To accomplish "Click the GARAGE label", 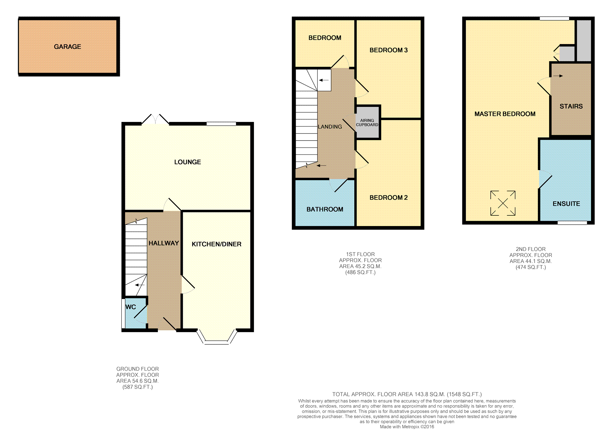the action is click(68, 47).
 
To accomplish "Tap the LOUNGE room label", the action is click(187, 162).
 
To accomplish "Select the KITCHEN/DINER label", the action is click(216, 244).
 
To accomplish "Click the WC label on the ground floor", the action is click(131, 307).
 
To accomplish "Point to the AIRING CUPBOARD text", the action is click(367, 123).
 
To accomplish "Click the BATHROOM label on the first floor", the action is click(325, 210).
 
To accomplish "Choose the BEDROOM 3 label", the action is click(388, 50).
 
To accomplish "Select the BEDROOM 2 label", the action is click(388, 198).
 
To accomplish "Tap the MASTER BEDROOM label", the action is click(505, 114).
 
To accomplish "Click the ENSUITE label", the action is click(566, 204).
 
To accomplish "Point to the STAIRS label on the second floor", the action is click(571, 106).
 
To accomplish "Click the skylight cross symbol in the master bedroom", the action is click(503, 203).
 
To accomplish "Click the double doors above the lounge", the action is click(155, 119).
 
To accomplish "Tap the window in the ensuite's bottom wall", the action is click(572, 223).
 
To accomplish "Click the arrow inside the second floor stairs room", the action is click(558, 76).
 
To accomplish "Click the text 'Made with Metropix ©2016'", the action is click(407, 427).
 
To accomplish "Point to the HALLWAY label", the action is click(164, 243).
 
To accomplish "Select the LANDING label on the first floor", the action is click(330, 127).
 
